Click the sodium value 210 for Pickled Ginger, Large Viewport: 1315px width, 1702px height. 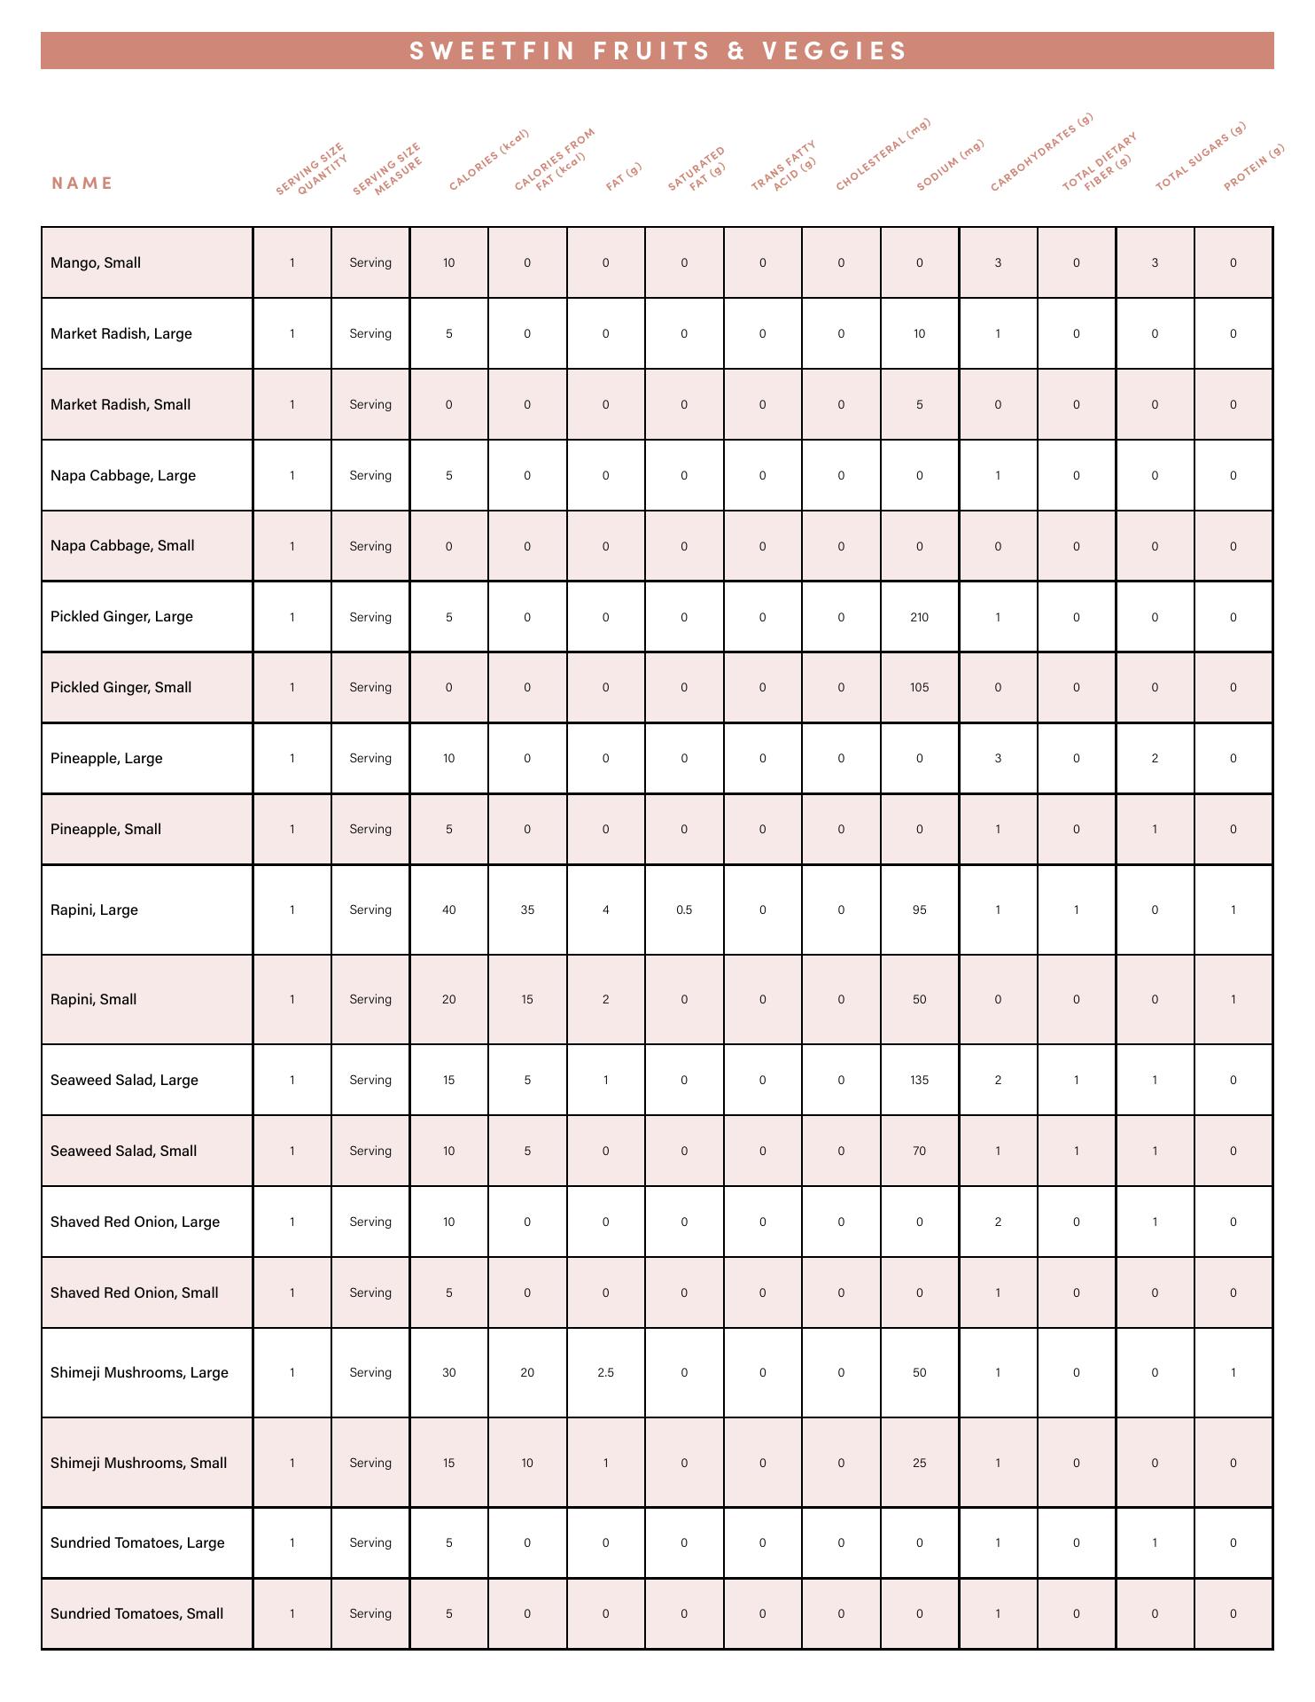point(919,617)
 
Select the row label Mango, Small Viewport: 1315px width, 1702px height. point(96,262)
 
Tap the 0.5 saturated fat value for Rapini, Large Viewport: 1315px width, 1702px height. point(684,910)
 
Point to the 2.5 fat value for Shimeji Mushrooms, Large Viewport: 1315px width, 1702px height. point(605,1372)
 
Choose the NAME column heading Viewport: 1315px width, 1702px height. point(82,183)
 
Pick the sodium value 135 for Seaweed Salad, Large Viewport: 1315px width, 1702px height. point(919,1080)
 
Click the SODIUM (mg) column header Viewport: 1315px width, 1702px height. point(950,165)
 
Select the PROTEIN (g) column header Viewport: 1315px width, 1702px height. point(1254,168)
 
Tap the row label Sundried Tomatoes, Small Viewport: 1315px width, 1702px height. point(136,1613)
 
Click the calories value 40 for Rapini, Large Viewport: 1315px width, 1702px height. point(448,910)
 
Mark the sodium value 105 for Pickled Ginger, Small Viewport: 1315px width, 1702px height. point(919,687)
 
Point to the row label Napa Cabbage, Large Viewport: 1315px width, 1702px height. point(123,475)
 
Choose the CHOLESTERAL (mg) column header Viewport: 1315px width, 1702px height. point(883,155)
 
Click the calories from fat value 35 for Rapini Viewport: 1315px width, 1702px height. point(527,910)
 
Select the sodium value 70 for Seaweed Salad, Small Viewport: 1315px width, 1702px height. point(919,1151)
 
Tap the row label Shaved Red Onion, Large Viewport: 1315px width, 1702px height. point(135,1222)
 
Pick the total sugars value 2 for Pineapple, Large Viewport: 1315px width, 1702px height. point(1155,758)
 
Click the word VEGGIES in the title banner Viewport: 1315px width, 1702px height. point(835,51)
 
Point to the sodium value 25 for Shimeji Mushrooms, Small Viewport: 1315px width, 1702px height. point(919,1463)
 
